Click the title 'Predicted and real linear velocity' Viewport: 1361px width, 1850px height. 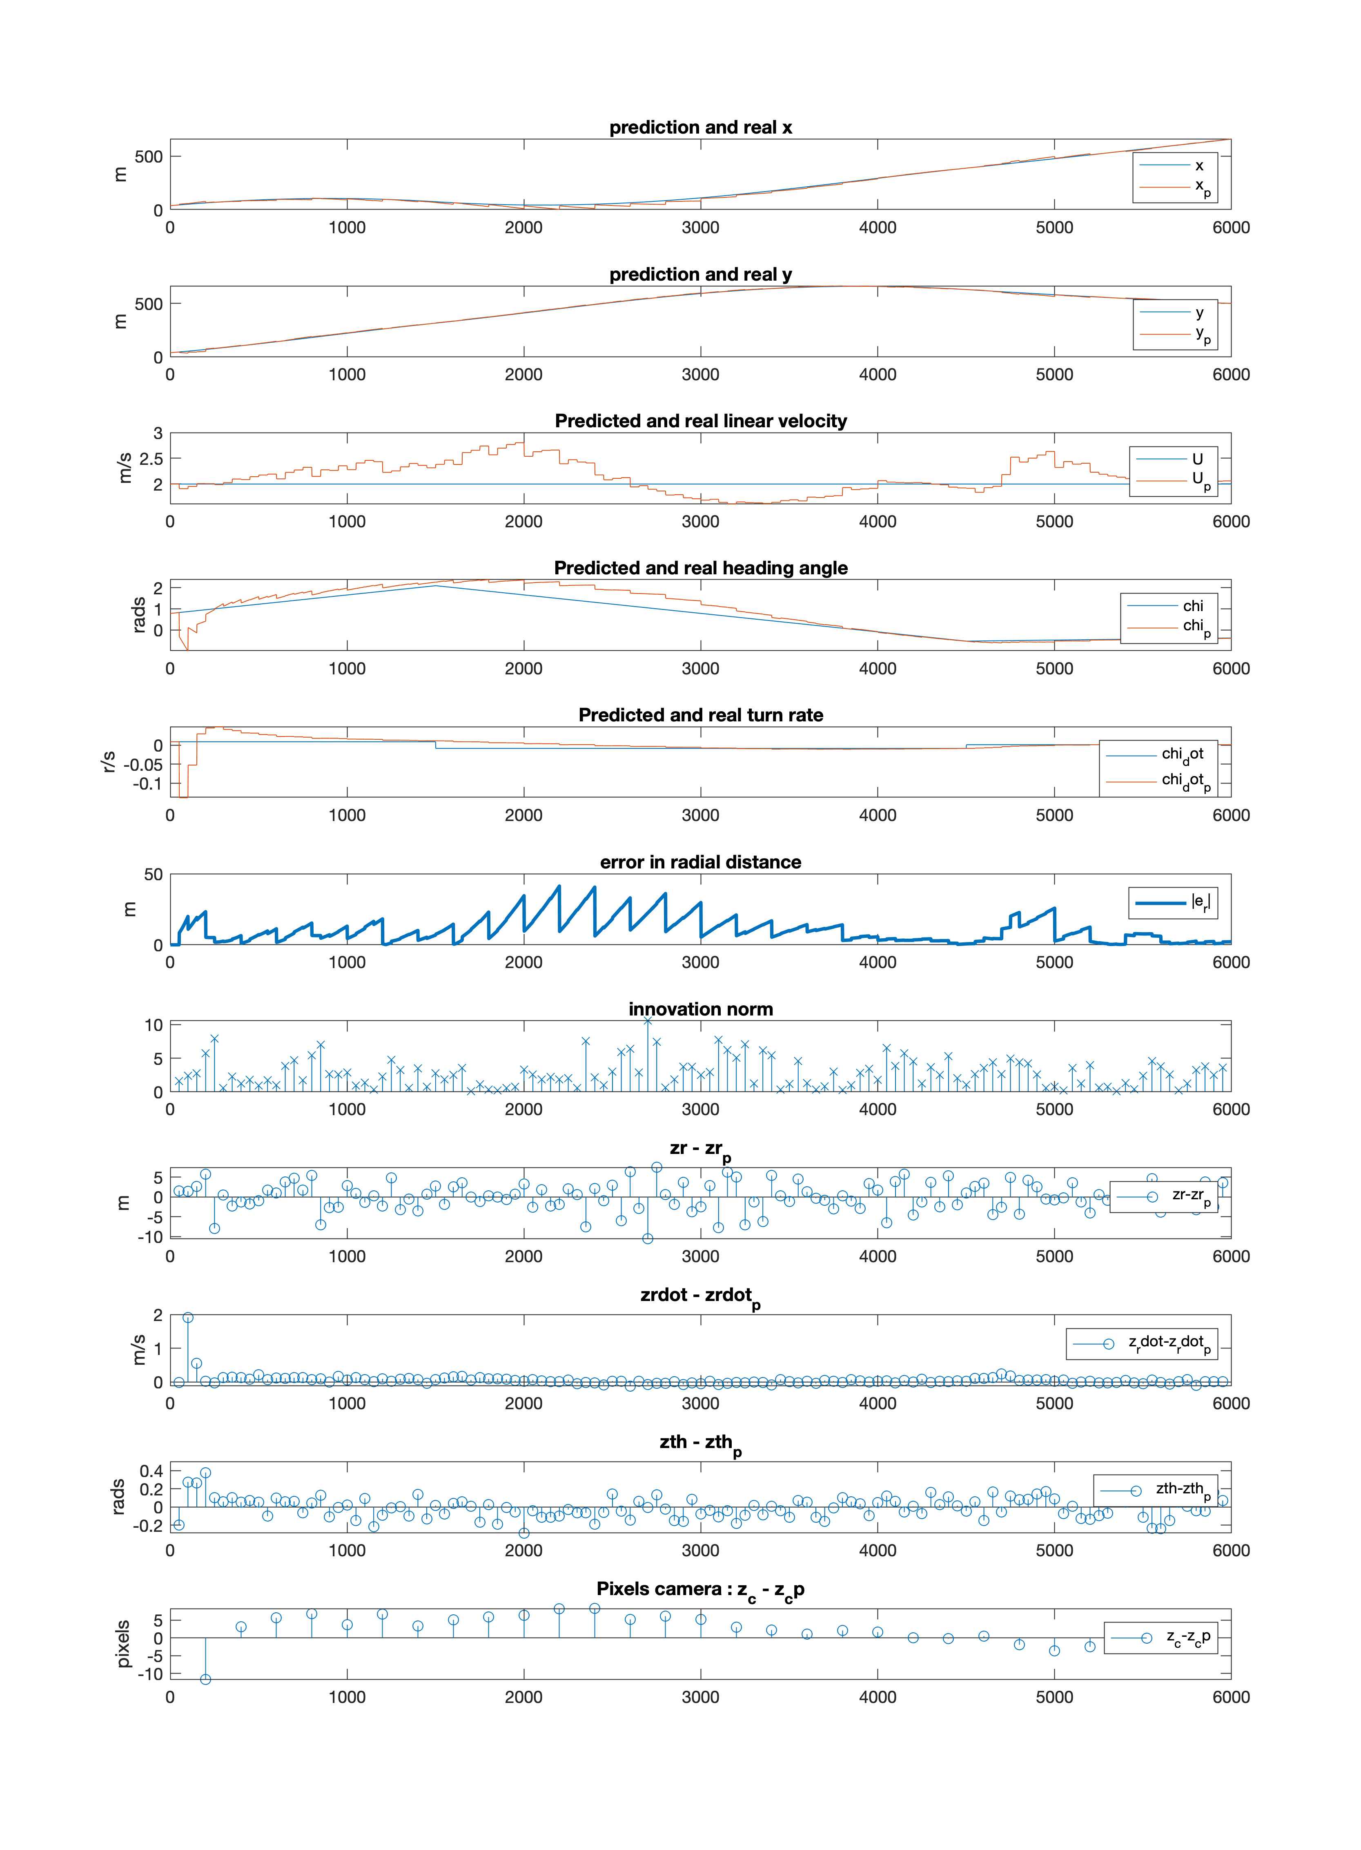coord(700,421)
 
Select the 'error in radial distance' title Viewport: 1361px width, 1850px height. coord(700,862)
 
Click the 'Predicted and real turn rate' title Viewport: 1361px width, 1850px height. coord(700,715)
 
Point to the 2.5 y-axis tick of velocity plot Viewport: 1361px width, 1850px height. coord(151,459)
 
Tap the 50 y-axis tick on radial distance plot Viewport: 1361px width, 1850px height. coord(153,874)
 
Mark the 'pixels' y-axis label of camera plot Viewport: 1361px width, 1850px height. coord(123,1644)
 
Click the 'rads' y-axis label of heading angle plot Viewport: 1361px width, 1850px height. coord(138,616)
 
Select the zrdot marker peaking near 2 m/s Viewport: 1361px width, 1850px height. coord(188,1318)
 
